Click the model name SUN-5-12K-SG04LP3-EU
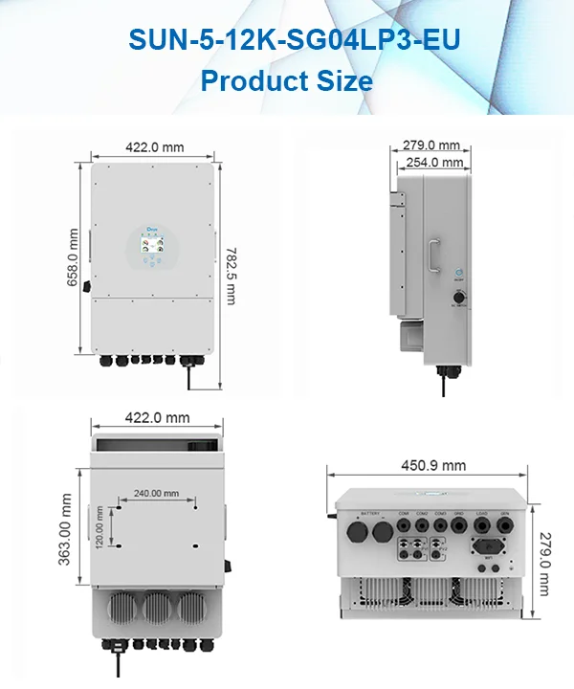coord(287,41)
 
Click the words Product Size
coord(287,80)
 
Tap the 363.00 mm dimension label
coord(66,529)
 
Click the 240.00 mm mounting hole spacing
coord(156,494)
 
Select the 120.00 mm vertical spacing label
coord(99,524)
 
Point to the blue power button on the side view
coord(458,272)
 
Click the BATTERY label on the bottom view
coord(368,514)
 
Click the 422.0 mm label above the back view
coord(158,418)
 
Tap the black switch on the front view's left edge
coord(87,284)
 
